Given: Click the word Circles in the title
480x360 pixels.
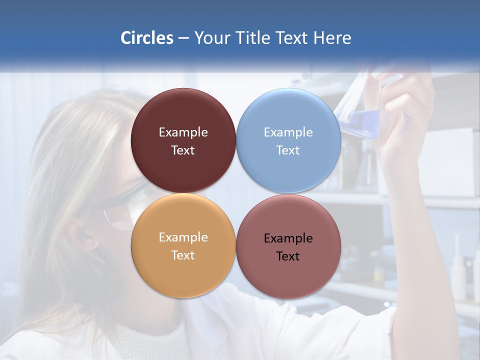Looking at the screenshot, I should point(147,38).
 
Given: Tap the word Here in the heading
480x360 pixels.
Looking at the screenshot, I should point(332,38).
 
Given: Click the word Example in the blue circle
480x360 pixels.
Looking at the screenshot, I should point(288,132).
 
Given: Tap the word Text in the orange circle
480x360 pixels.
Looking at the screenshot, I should point(183,255).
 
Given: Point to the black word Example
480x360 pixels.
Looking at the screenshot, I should point(288,238).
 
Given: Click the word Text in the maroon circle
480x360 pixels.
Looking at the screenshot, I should point(183,150).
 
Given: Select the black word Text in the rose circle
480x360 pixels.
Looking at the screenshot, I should point(288,256).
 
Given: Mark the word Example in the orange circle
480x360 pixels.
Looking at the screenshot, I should point(183,237).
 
